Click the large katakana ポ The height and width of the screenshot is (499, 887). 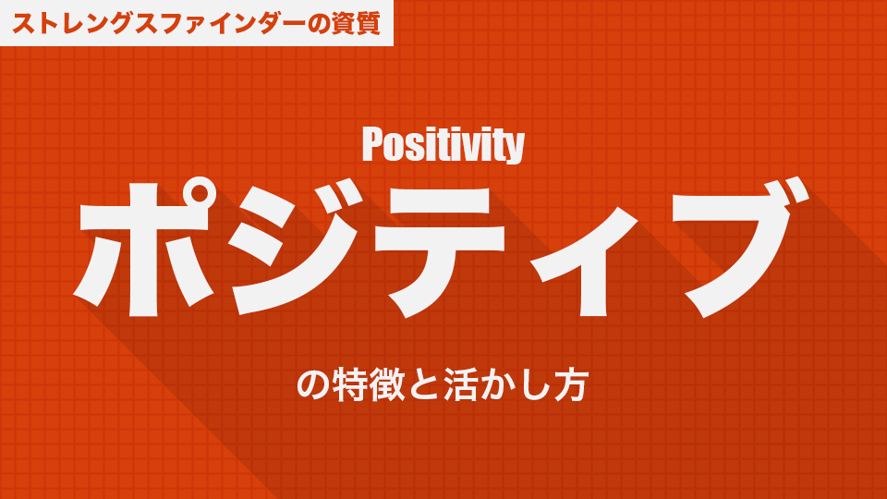(x=145, y=248)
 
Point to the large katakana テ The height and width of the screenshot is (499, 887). (x=447, y=252)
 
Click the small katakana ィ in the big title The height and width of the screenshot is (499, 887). (x=587, y=262)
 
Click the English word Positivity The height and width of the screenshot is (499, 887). (x=443, y=145)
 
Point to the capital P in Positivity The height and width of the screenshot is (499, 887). (x=372, y=144)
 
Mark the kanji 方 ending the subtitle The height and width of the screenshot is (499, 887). (x=571, y=384)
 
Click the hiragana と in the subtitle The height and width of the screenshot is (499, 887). (x=425, y=385)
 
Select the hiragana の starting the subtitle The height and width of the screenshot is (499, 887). (x=314, y=385)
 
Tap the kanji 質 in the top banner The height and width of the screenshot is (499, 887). (x=368, y=24)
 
